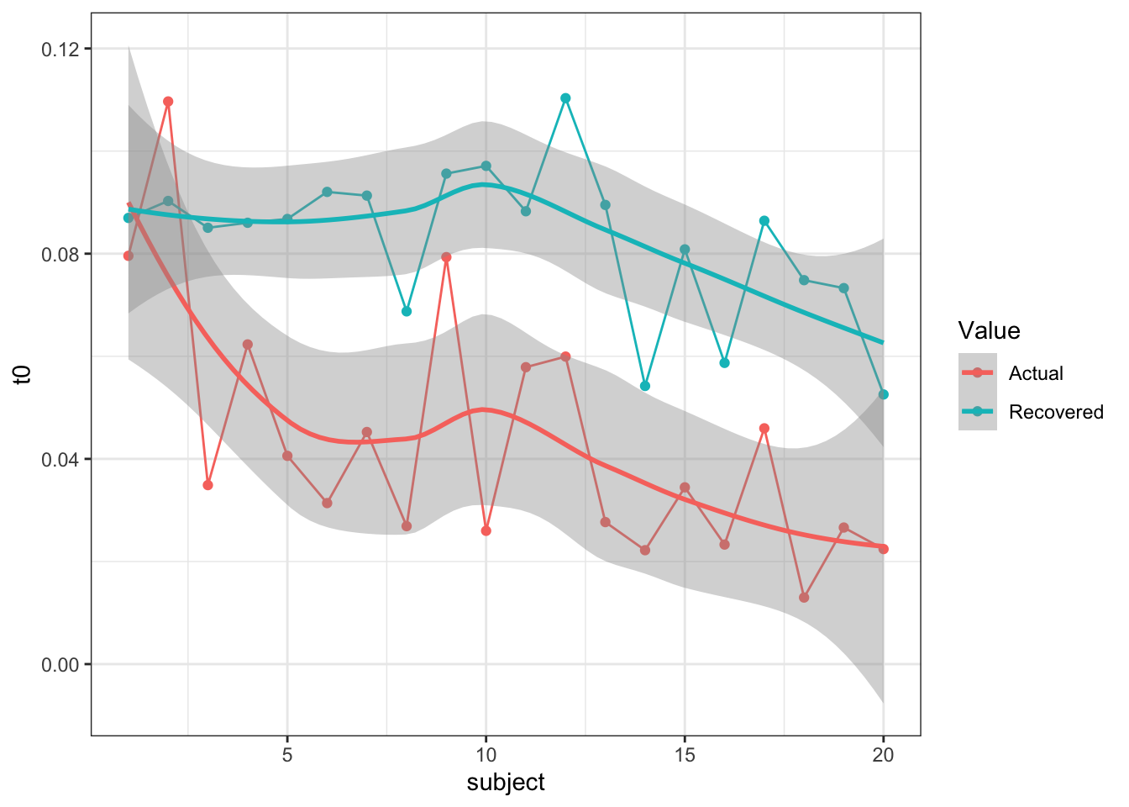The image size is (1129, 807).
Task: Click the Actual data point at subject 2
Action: pos(168,102)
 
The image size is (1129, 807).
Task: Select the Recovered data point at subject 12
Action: pos(565,98)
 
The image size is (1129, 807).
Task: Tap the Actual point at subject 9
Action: pos(446,257)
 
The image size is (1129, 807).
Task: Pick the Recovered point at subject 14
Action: pos(645,386)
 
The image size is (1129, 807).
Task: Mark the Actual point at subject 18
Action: pos(804,598)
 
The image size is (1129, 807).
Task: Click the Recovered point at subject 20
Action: pos(883,394)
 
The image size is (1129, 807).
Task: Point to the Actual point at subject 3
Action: pos(207,485)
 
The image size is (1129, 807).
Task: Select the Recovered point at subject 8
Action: pos(407,311)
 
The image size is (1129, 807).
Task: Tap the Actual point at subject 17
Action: pos(764,429)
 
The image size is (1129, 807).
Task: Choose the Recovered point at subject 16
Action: pos(724,363)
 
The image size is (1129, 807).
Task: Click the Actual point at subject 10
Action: pos(486,531)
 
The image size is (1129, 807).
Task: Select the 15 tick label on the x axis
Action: pos(685,755)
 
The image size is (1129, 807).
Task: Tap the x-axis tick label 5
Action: pos(287,755)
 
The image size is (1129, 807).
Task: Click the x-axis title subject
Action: pos(506,783)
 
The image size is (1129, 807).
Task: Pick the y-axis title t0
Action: pos(25,375)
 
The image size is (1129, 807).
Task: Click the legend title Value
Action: pos(989,330)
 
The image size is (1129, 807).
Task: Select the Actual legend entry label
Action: pos(1036,373)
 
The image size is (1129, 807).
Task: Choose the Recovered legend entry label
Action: pos(1056,412)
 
